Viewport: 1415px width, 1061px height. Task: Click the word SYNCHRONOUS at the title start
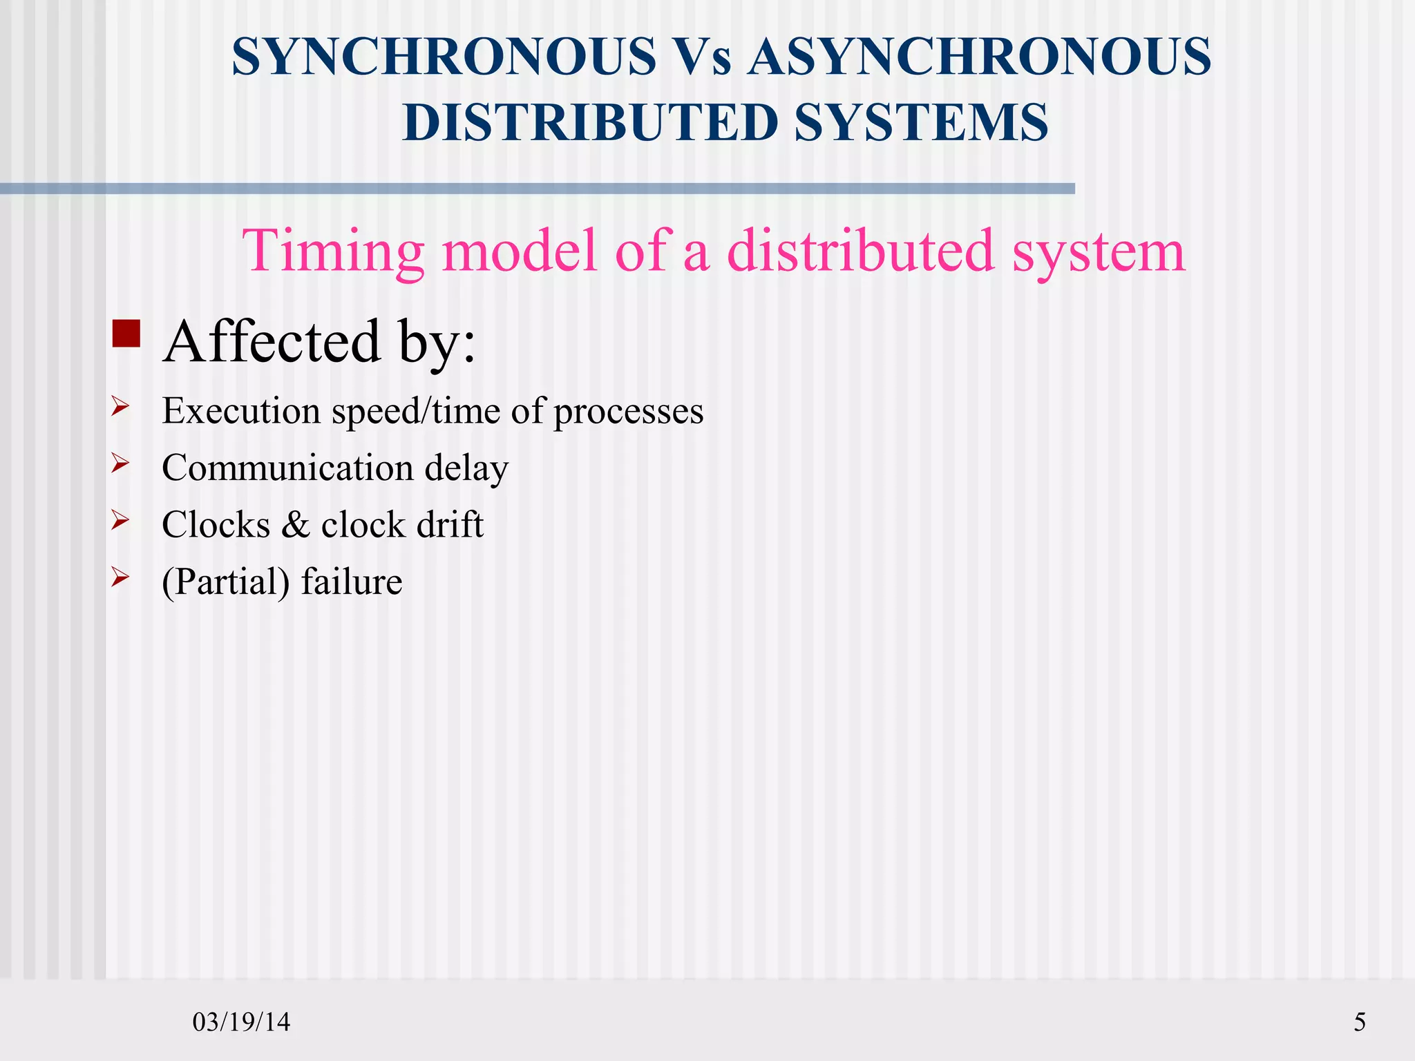444,57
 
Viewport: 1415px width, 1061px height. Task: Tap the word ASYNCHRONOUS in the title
979,57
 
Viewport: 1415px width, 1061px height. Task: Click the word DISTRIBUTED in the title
589,122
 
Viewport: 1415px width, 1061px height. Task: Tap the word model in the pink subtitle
518,251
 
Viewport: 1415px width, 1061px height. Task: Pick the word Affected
272,341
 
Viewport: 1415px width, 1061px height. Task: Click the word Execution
242,411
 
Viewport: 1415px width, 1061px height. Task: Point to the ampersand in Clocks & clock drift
296,525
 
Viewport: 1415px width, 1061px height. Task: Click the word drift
450,524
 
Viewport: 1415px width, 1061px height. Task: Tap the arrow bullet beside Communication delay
120,463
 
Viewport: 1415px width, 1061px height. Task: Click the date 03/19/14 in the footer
241,1022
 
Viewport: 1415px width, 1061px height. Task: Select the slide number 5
1359,1022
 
